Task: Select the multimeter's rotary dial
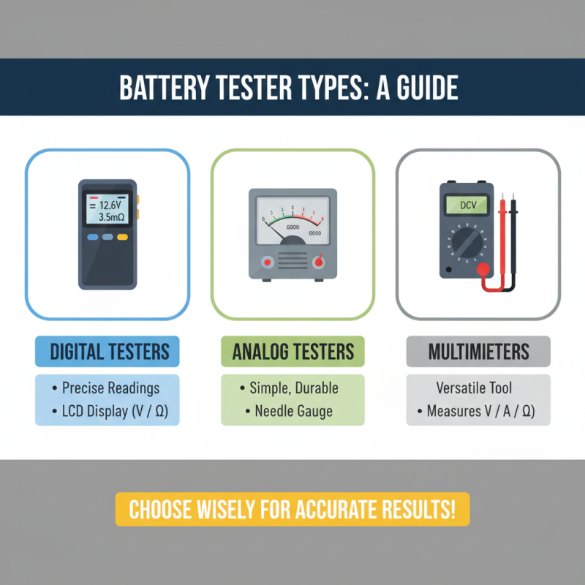(x=467, y=241)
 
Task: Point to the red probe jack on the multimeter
(x=483, y=270)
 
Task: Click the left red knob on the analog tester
(x=268, y=262)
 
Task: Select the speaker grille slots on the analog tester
(x=292, y=262)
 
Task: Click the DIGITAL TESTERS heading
(x=107, y=352)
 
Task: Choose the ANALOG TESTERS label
(x=292, y=352)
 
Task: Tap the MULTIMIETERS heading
(x=478, y=352)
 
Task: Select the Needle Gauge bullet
(x=293, y=411)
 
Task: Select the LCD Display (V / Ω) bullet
(x=110, y=411)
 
